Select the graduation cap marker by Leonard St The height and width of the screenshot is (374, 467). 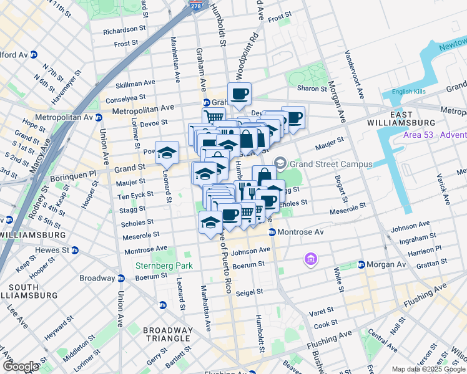167,151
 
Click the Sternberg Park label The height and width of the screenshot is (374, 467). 164,266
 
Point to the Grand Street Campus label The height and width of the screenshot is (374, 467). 331,165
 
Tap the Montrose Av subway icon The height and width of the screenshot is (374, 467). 272,232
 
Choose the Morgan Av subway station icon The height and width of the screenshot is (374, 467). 361,264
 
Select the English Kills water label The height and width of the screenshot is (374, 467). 408,92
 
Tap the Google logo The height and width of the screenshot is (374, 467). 21,366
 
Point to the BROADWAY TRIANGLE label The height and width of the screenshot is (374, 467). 168,334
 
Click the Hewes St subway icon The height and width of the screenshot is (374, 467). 74,249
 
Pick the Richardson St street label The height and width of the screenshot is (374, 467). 123,30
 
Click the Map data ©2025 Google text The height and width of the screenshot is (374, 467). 428,369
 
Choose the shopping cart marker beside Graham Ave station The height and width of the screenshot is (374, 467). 214,117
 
